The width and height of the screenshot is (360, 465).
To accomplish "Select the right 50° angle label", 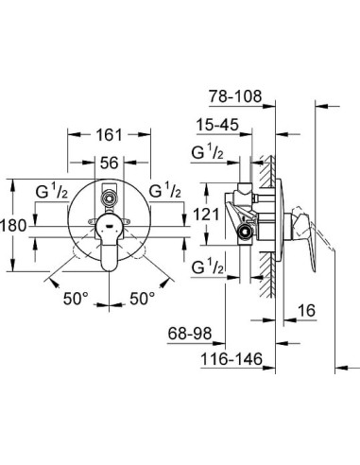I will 143,298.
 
